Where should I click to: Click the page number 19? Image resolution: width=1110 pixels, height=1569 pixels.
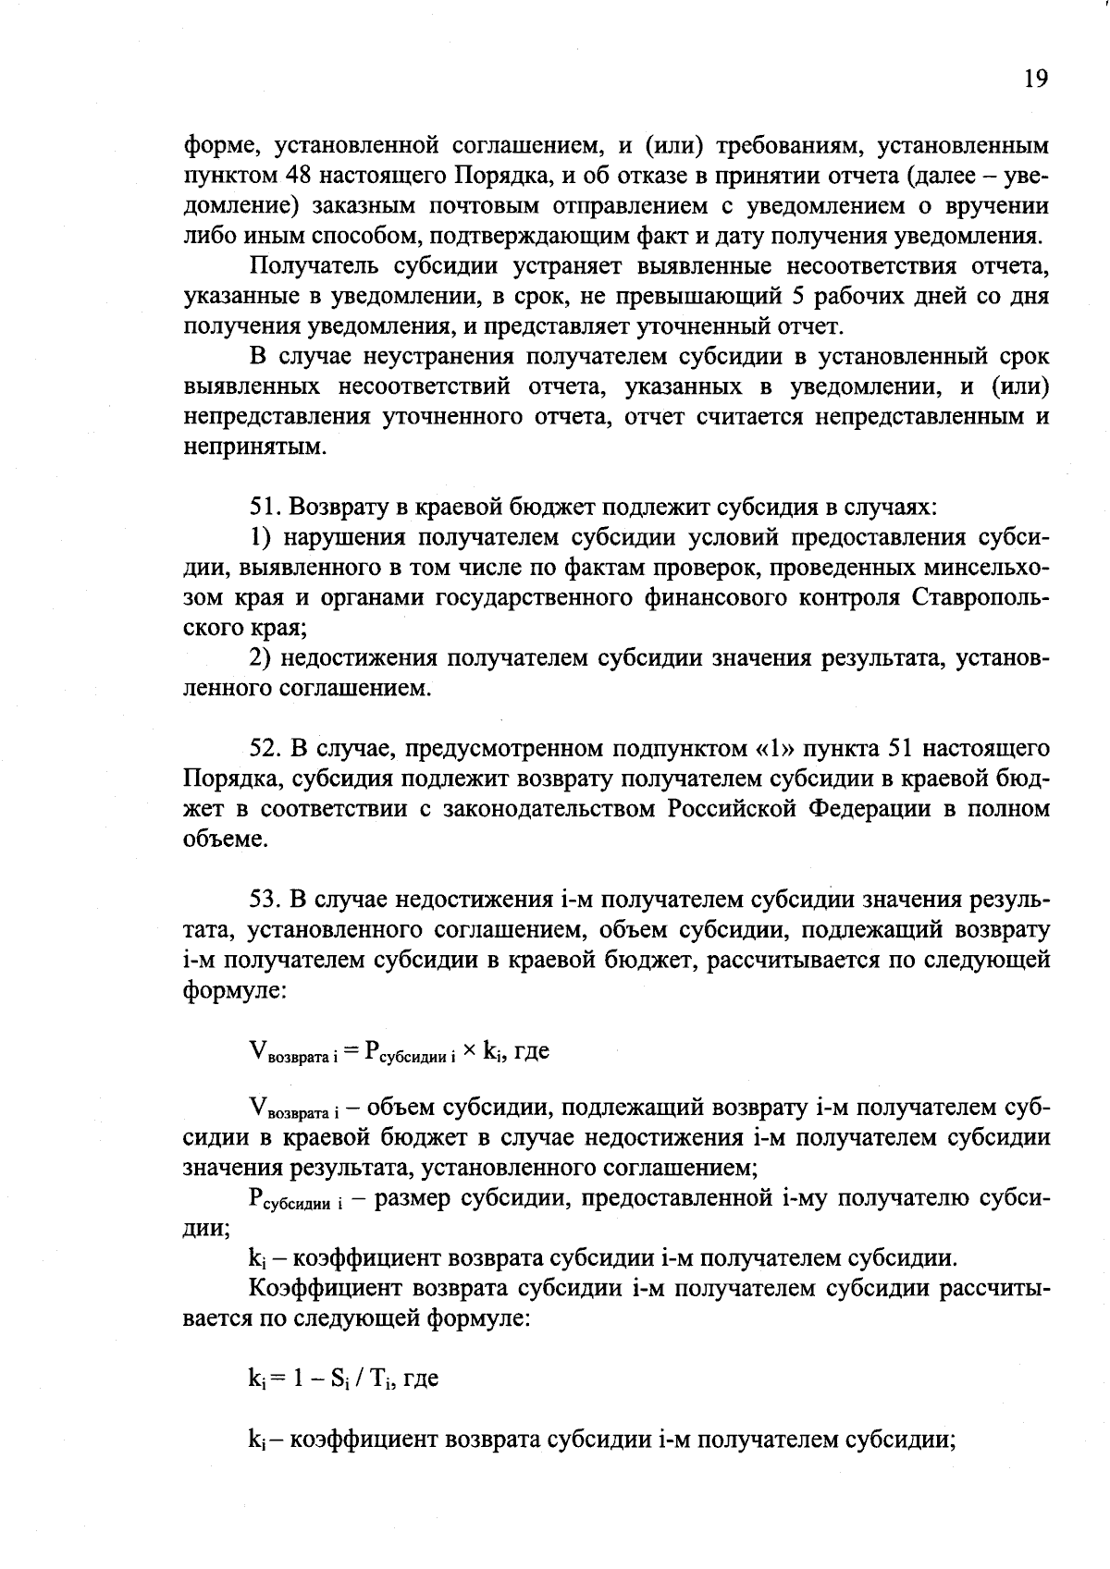pyautogui.click(x=1036, y=80)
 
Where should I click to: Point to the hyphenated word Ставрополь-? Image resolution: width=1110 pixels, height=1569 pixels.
pyautogui.click(x=980, y=598)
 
